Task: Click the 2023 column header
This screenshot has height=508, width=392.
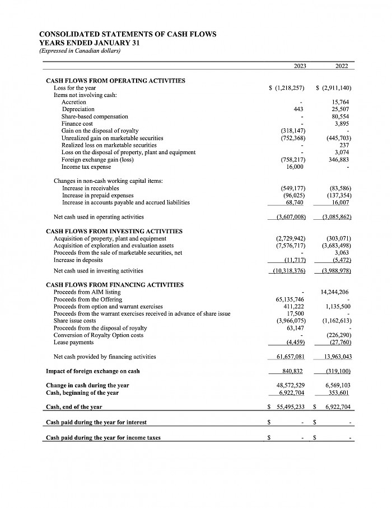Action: click(x=300, y=66)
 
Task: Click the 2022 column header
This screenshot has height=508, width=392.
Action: click(x=342, y=66)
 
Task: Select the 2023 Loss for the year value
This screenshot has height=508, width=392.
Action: click(x=287, y=88)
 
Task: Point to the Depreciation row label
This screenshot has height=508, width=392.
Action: click(x=78, y=109)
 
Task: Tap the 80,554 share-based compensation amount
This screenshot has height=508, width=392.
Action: click(x=340, y=116)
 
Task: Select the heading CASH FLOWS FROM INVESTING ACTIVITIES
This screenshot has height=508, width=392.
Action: click(x=114, y=231)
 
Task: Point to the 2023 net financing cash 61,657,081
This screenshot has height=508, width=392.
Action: click(x=291, y=357)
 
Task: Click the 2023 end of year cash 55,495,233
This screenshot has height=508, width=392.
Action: click(x=291, y=407)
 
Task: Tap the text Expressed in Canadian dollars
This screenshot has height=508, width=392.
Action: click(x=80, y=51)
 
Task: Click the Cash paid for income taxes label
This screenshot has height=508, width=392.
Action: click(x=103, y=437)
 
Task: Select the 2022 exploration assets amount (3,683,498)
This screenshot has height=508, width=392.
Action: click(x=336, y=246)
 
